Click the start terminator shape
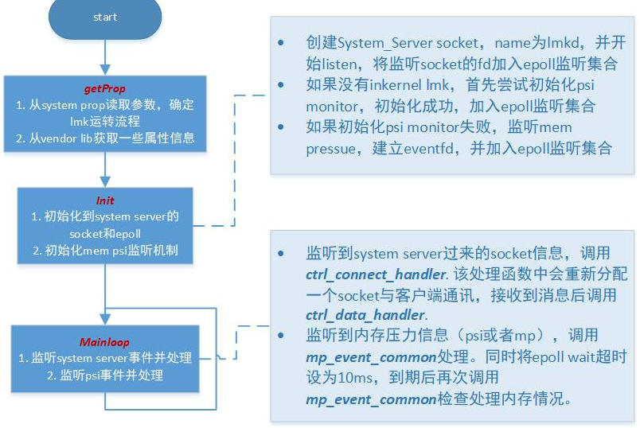coord(105,18)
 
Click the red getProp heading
coord(105,88)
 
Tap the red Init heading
coord(105,200)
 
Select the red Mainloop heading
coord(104,342)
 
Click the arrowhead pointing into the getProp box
coord(105,69)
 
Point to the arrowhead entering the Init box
coord(105,181)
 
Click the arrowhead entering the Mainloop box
coord(105,320)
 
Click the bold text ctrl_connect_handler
coord(376,274)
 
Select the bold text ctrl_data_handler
coord(365,315)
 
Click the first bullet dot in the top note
coord(281,43)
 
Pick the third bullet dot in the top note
coord(281,127)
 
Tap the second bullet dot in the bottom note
coord(281,336)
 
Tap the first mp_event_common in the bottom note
coord(372,358)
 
